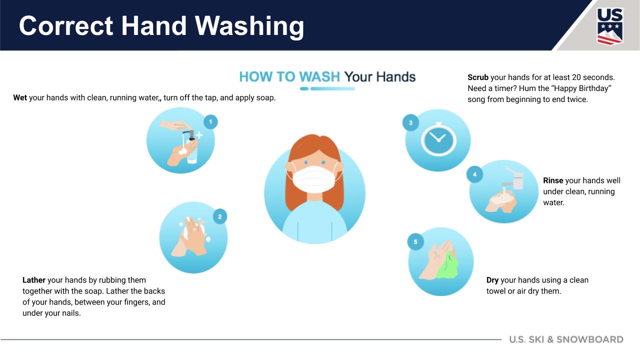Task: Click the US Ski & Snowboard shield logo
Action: tap(609, 26)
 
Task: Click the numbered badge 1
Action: tap(210, 121)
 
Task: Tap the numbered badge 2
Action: tap(219, 216)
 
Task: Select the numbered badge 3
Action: tap(410, 123)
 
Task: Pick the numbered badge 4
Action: tap(474, 174)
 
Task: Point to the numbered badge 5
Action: tap(415, 242)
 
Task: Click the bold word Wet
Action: tap(20, 98)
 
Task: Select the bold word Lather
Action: tap(34, 280)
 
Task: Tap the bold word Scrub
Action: tap(478, 77)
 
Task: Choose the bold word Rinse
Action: tap(553, 180)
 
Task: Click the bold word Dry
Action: tap(492, 280)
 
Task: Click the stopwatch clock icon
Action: tap(438, 140)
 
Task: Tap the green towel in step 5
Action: tap(448, 266)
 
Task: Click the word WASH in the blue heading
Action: tap(319, 77)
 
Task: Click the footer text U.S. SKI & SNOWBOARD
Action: tap(566, 339)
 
